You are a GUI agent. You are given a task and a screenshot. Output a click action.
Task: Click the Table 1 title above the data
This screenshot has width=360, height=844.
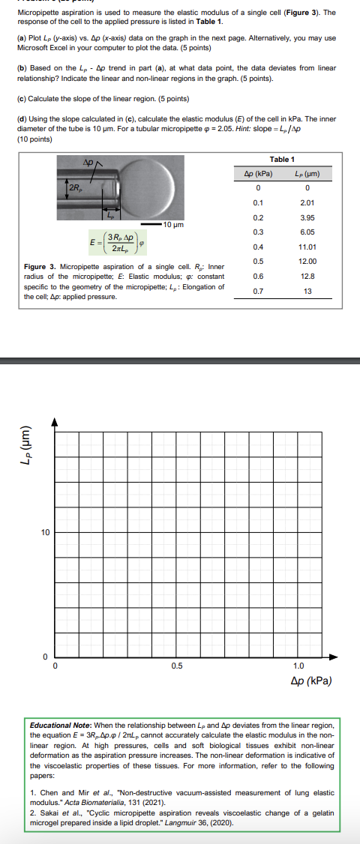[x=282, y=160]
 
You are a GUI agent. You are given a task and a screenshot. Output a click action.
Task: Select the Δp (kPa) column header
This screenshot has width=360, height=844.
[x=258, y=174]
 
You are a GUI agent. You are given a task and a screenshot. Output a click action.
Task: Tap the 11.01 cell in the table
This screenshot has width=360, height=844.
[x=307, y=247]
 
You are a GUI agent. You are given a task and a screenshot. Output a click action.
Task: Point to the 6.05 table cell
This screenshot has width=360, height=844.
[x=307, y=232]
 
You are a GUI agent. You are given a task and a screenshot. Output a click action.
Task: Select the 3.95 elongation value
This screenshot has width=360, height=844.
[x=307, y=217]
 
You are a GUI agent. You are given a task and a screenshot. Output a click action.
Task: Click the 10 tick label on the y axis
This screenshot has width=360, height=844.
[x=45, y=533]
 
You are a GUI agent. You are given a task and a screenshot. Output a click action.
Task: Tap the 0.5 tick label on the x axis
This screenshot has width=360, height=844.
[x=176, y=666]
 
